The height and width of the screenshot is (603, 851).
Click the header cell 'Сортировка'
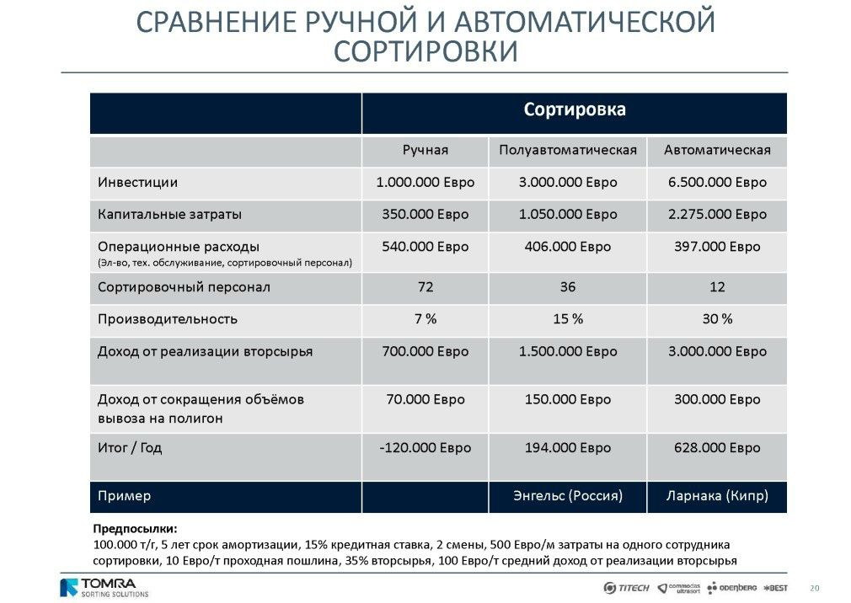[575, 110]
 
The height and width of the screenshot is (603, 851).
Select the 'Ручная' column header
[425, 151]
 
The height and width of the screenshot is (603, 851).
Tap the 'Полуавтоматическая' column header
[567, 151]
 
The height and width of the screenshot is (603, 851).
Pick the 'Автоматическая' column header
[717, 151]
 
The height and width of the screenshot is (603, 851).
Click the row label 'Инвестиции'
[137, 183]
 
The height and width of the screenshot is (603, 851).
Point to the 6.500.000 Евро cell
[717, 183]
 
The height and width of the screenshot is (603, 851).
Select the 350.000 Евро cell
[425, 215]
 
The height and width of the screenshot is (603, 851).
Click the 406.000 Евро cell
[567, 247]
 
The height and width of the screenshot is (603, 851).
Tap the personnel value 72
[425, 288]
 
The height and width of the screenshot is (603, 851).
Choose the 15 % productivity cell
[567, 320]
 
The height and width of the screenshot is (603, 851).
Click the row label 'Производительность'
[167, 320]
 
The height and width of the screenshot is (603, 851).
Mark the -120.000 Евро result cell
[425, 448]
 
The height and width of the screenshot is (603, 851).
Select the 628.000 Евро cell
[717, 448]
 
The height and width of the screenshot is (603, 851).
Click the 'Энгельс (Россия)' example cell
[567, 496]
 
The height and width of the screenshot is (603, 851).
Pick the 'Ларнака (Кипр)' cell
[717, 496]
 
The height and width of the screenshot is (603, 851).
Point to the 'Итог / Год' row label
[129, 448]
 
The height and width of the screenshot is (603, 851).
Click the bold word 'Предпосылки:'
[135, 529]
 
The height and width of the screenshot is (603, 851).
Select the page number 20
[814, 588]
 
